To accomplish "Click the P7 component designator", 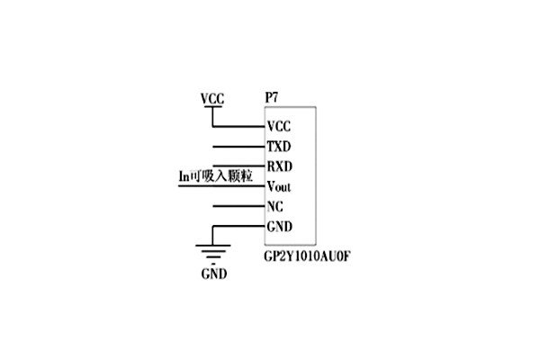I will (x=272, y=96).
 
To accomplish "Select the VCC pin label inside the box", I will (x=279, y=127).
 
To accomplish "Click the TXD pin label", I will (x=279, y=146).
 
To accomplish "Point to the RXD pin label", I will (x=280, y=166).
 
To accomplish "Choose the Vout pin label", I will (x=281, y=186).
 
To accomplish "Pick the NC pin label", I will (x=275, y=206).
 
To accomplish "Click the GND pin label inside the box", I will (x=280, y=226).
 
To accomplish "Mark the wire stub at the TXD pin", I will (x=238, y=147).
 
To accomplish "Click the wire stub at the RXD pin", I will (x=238, y=166).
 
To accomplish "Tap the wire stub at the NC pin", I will (x=238, y=206).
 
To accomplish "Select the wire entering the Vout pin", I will (x=220, y=186).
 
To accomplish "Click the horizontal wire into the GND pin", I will (x=238, y=226).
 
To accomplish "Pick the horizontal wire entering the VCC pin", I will (x=238, y=127).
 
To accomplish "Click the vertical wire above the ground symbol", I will (x=212, y=235).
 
